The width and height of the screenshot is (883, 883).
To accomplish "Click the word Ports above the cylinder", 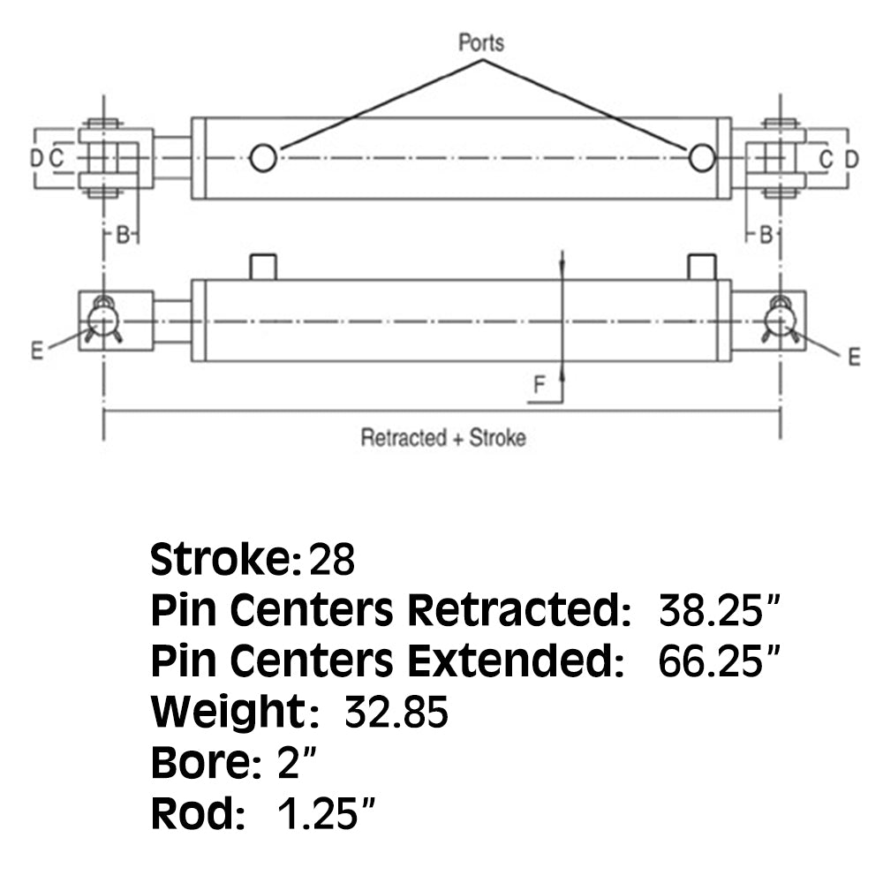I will coord(481,42).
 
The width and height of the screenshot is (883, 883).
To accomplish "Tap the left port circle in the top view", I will coord(263,158).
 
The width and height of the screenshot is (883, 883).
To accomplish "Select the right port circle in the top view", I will coord(702,158).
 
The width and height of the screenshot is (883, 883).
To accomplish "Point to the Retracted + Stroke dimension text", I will coord(442,438).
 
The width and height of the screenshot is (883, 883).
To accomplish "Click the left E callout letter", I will coord(36,351).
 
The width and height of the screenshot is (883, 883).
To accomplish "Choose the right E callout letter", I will coord(853,357).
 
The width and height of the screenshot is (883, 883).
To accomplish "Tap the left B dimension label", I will coord(123,234).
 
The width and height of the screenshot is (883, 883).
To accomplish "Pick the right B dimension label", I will coord(766,234).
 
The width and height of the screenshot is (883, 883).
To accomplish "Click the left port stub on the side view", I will coord(263,267).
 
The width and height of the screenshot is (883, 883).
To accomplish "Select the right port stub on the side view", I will coord(702,267).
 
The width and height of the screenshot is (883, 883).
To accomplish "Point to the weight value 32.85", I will coord(396,712).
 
